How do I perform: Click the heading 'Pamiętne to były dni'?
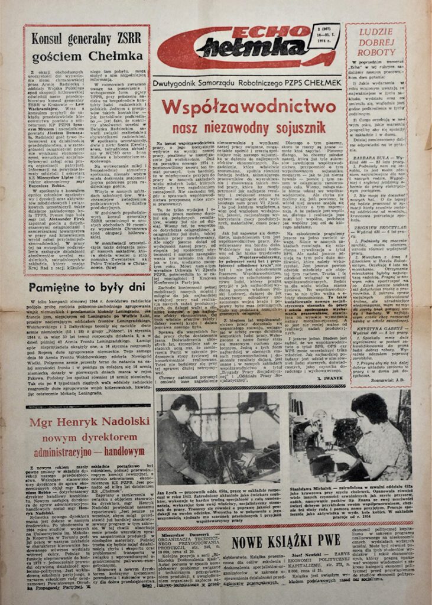point(86,288)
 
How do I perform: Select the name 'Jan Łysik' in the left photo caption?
point(170,492)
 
